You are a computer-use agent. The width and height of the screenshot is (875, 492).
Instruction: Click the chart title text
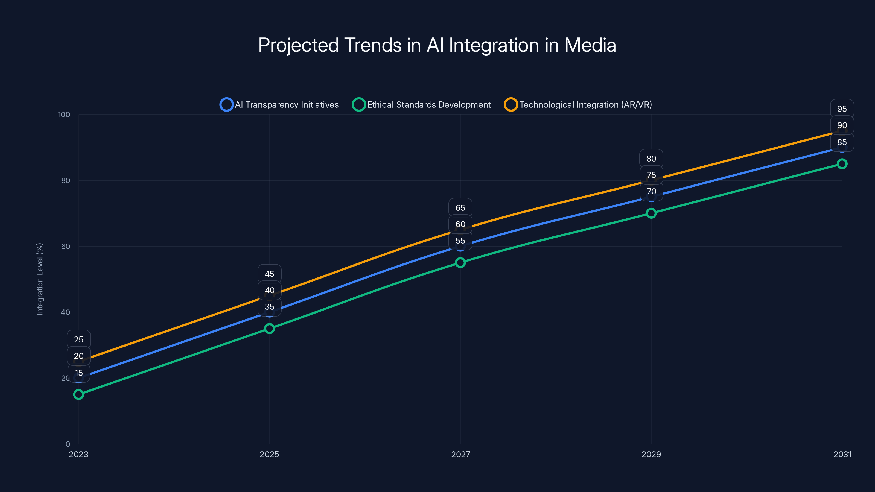pos(437,45)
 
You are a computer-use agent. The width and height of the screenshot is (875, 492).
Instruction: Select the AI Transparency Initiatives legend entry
pos(279,105)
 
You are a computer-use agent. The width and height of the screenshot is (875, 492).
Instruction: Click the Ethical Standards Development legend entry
pos(422,105)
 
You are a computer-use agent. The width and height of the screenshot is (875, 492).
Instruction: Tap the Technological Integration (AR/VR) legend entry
pos(578,105)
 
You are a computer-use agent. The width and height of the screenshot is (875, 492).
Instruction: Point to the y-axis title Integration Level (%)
pos(40,279)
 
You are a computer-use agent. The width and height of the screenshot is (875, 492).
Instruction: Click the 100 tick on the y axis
pos(64,115)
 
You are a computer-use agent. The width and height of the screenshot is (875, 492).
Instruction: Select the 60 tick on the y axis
pos(66,246)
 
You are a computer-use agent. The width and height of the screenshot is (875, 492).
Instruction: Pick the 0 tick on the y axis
pos(68,444)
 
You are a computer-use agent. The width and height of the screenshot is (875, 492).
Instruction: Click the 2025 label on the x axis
pos(269,454)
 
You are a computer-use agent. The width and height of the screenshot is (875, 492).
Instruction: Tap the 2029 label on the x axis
pos(651,454)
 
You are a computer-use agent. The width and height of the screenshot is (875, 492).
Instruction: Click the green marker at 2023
pos(79,394)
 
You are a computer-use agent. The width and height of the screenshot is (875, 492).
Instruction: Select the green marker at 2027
pos(460,262)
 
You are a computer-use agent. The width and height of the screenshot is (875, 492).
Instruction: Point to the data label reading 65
pos(460,208)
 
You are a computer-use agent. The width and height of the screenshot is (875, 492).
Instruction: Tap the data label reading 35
pos(269,307)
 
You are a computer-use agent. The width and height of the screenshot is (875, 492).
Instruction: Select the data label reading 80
pos(651,159)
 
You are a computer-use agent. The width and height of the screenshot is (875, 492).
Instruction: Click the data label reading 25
pos(79,339)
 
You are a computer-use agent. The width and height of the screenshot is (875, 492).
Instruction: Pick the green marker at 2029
pos(651,213)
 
